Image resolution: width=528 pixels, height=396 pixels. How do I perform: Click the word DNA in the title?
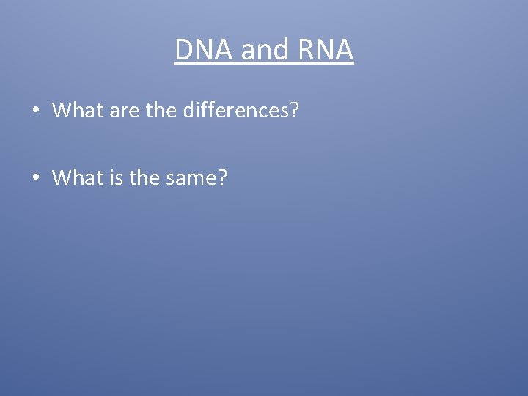pyautogui.click(x=202, y=50)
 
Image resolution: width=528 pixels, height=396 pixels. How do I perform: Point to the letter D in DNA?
pyautogui.click(x=184, y=50)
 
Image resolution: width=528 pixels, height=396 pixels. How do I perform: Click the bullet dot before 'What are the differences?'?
pyautogui.click(x=35, y=111)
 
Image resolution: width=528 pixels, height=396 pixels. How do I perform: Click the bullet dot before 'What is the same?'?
pyautogui.click(x=35, y=178)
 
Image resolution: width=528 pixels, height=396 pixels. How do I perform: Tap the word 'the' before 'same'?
pyautogui.click(x=144, y=177)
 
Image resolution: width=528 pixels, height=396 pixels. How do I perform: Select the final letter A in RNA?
pyautogui.click(x=343, y=50)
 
